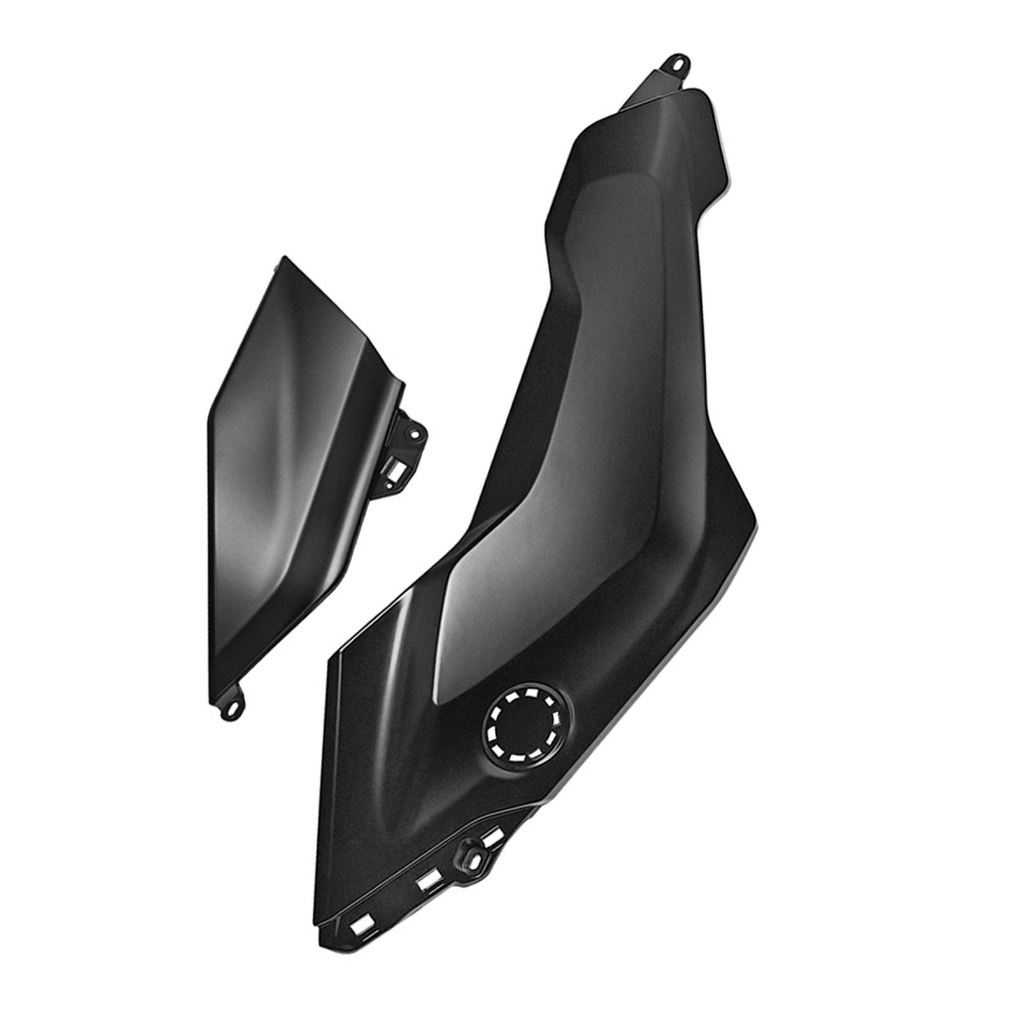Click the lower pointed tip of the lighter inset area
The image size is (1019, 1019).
(x=438, y=704)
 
